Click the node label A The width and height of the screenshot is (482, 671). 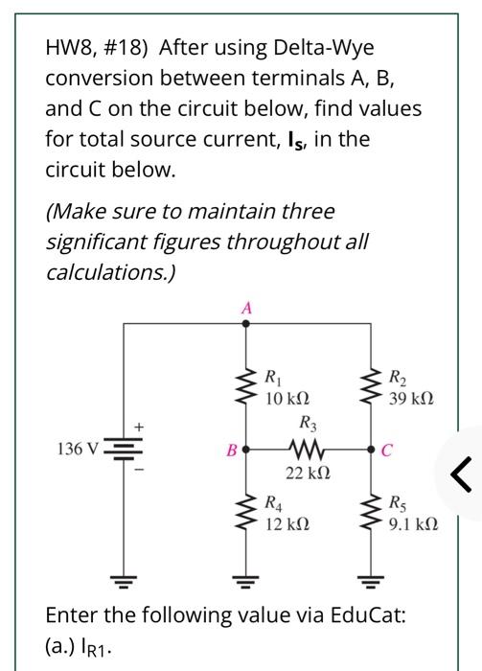pos(246,309)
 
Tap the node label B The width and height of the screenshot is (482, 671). pos(230,447)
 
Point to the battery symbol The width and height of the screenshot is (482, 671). pos(123,448)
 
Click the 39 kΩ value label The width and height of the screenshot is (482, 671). pos(410,396)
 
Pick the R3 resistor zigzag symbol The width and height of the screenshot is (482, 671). pos(309,448)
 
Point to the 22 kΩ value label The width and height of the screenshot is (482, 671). pos(309,471)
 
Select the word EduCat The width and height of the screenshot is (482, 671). pos(360,614)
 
